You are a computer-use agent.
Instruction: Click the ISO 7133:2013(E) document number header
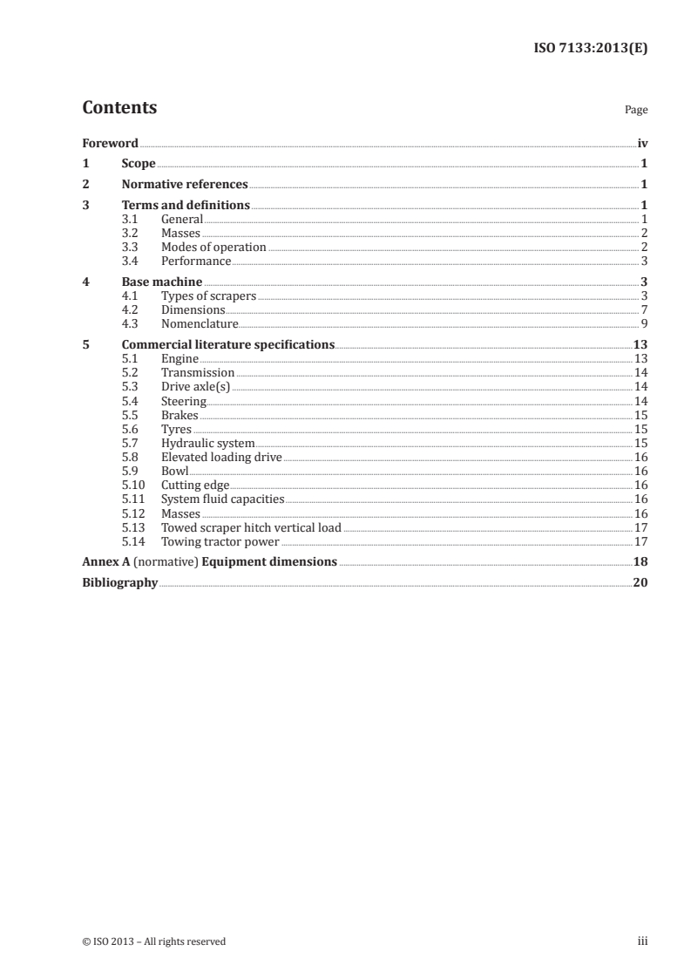(590, 49)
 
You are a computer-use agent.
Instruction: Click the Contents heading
(119, 108)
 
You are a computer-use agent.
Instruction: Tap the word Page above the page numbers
(636, 111)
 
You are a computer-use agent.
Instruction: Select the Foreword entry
(110, 143)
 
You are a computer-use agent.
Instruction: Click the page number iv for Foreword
(642, 143)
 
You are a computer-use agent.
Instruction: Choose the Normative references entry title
(185, 184)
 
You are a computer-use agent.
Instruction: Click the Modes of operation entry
(213, 248)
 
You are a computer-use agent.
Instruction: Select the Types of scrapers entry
(208, 296)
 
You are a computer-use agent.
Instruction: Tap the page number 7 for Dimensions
(644, 310)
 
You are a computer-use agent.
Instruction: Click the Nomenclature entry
(200, 324)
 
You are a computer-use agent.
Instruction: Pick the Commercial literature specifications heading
(228, 344)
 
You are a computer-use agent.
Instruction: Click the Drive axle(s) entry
(195, 387)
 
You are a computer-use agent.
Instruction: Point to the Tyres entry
(176, 429)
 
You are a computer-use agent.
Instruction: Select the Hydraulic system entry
(207, 443)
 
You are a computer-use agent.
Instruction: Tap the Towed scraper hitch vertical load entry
(251, 527)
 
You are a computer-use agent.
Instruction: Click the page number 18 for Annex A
(640, 561)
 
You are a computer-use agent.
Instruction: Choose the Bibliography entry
(119, 582)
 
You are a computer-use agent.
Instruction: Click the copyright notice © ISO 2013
(153, 941)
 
